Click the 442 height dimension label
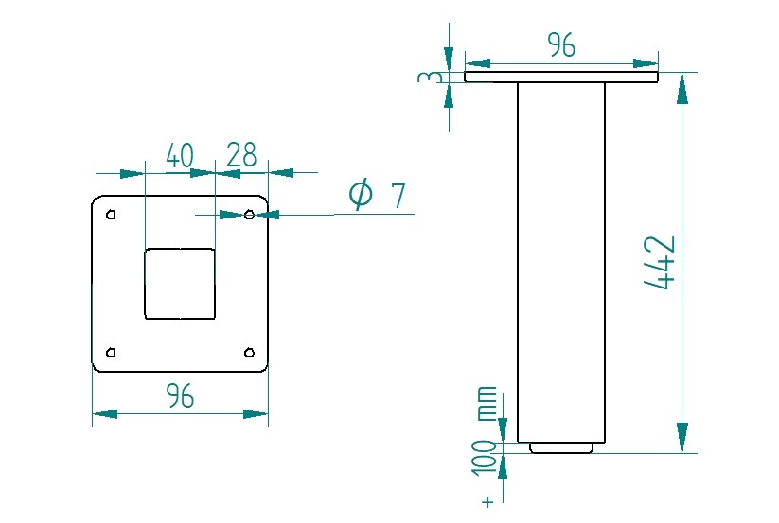[x=660, y=263]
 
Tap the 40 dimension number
[x=179, y=155]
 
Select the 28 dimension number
[x=242, y=154]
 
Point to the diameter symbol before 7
[x=361, y=195]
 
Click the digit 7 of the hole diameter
[x=398, y=196]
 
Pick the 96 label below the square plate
[x=180, y=396]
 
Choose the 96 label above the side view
[x=562, y=44]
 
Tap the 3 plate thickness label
[x=430, y=77]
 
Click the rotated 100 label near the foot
[x=486, y=459]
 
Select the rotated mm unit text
[x=486, y=403]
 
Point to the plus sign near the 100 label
[x=488, y=502]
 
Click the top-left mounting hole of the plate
[x=112, y=215]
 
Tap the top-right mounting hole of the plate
[x=249, y=215]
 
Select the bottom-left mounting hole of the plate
[x=112, y=353]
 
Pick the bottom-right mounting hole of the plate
[x=249, y=353]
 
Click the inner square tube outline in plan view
[x=180, y=284]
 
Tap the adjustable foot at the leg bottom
[x=561, y=447]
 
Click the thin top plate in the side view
[x=561, y=77]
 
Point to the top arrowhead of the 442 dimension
[x=682, y=88]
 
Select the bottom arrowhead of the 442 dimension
[x=682, y=438]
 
